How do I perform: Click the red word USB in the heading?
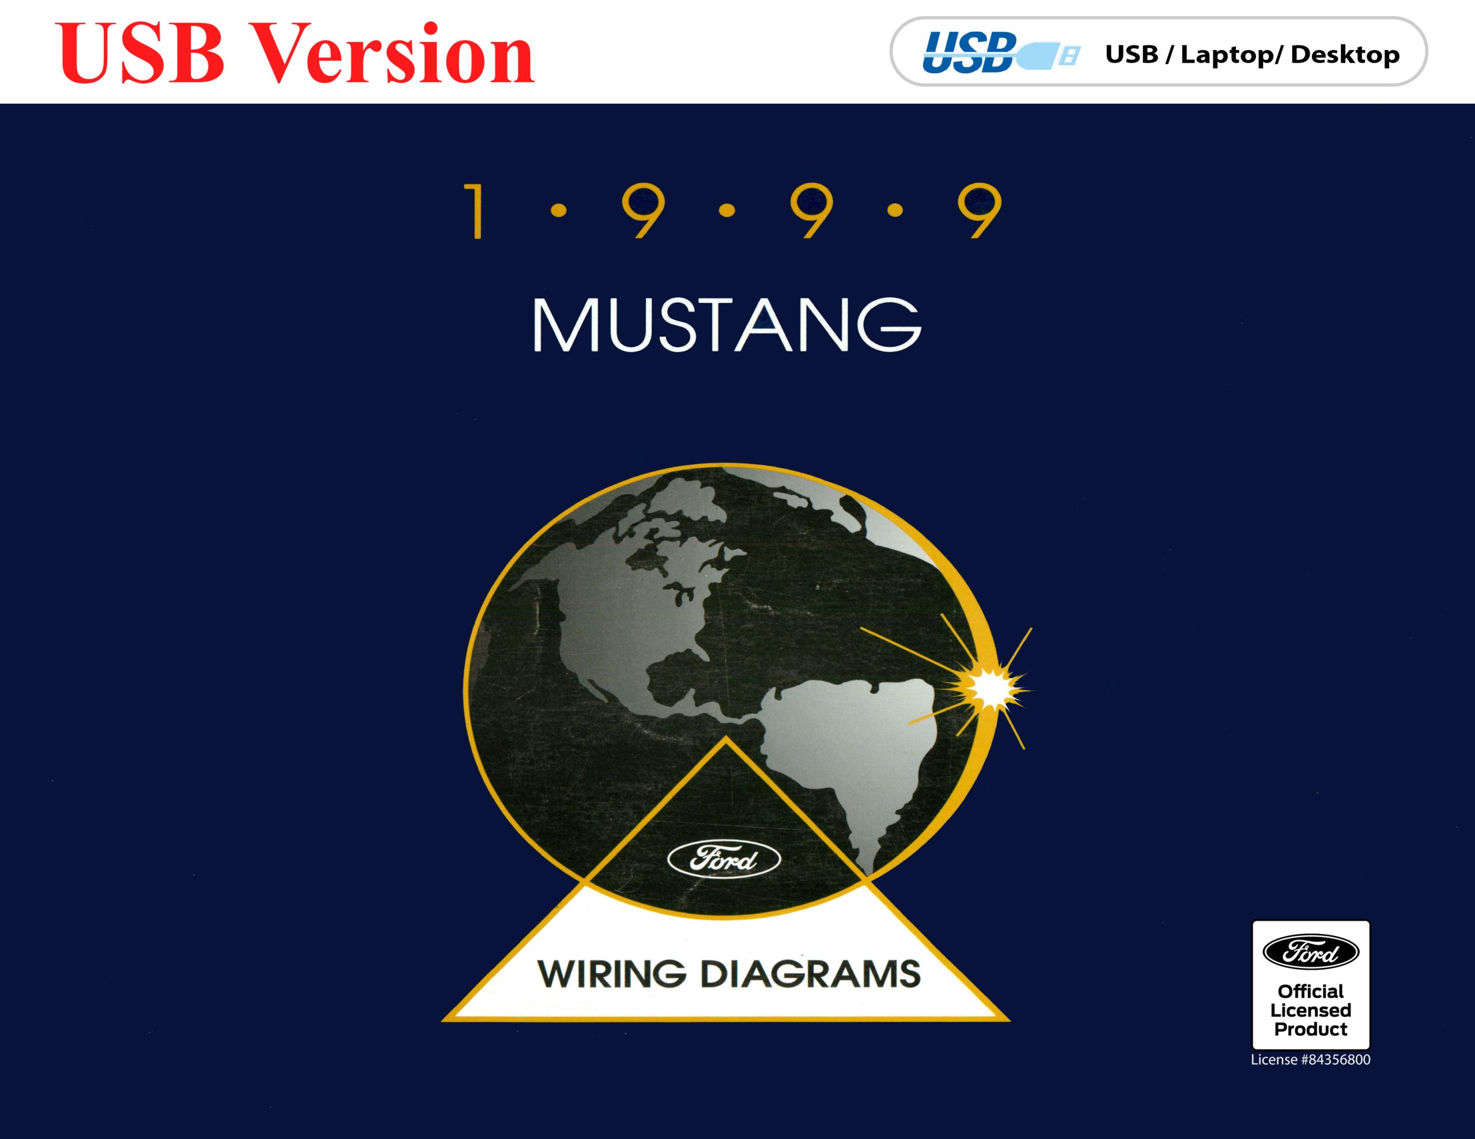point(142,54)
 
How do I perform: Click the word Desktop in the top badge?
point(1345,55)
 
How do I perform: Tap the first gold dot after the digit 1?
point(558,212)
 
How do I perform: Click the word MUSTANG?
point(727,325)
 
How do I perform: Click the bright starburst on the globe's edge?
point(990,689)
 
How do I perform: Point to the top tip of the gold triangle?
point(725,736)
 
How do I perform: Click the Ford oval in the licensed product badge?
point(1311,952)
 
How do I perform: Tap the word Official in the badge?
point(1311,991)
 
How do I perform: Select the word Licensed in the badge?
point(1311,1010)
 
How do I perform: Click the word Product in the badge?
point(1311,1029)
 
